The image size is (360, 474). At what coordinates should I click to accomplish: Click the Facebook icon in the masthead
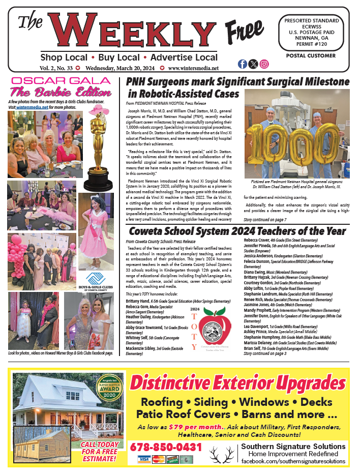(x=242, y=64)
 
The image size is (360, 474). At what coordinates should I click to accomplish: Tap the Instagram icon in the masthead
(x=264, y=64)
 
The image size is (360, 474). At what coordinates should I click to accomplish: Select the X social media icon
(x=253, y=64)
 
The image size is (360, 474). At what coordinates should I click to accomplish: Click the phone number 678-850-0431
(x=166, y=447)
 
